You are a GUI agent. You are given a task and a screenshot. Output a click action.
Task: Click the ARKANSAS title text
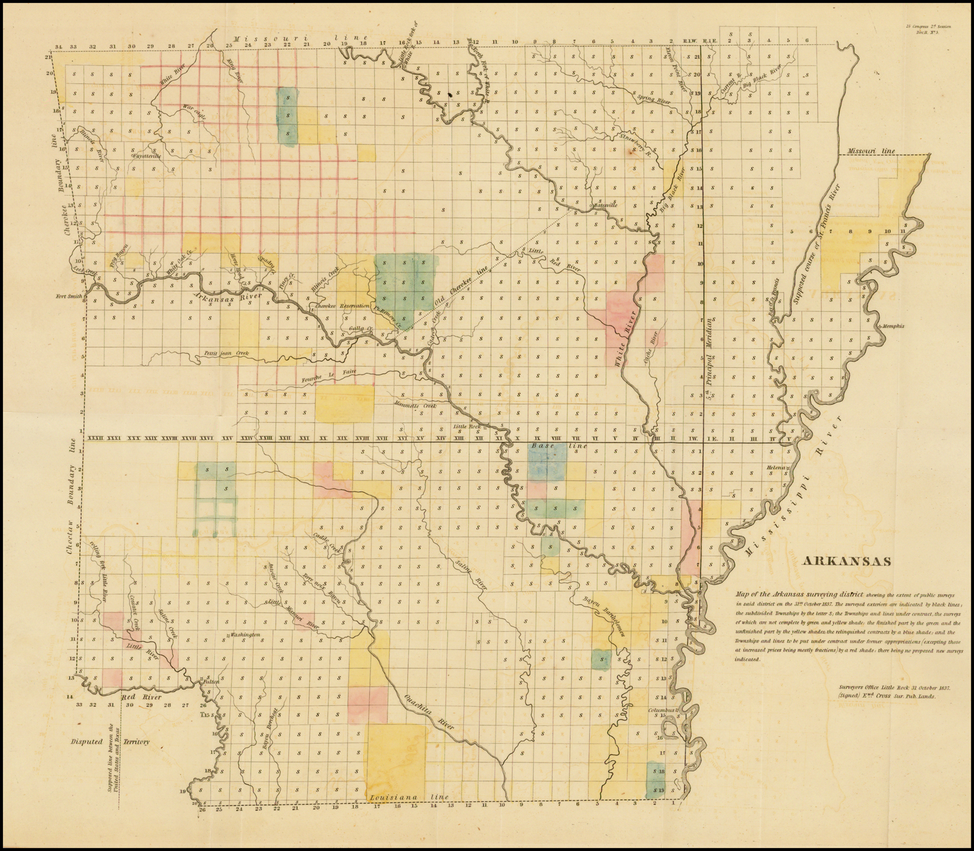pos(846,561)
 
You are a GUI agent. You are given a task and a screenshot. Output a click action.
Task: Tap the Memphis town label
pos(892,326)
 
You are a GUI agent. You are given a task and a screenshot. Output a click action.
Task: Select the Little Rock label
pos(467,426)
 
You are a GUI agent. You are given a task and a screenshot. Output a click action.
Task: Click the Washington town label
pos(245,634)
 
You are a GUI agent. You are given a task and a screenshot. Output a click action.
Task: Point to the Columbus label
pos(662,710)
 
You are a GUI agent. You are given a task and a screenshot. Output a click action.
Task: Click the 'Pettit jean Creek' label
pos(225,353)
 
